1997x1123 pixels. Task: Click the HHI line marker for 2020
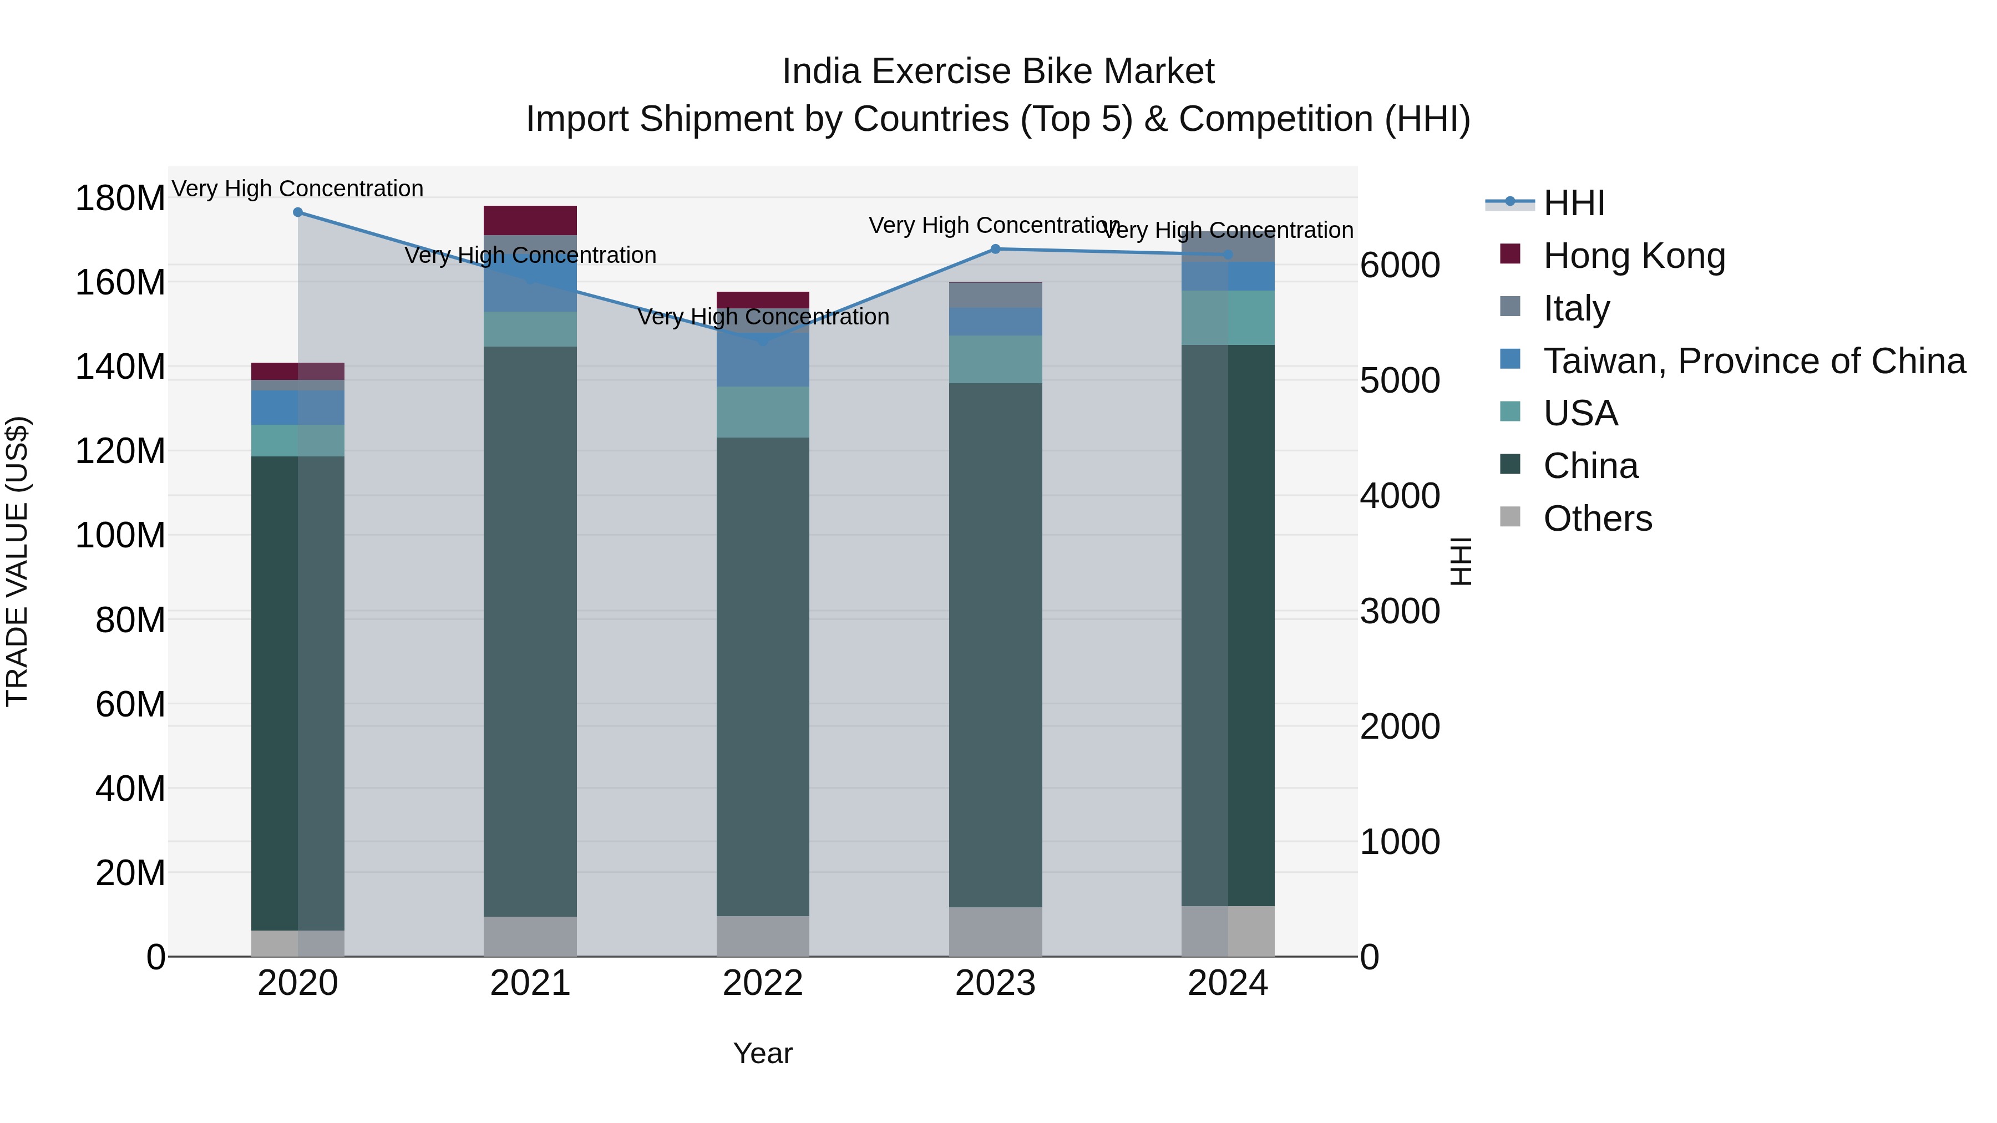(x=298, y=212)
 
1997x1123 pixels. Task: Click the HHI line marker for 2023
(x=995, y=249)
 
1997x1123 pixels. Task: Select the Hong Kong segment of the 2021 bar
(x=530, y=220)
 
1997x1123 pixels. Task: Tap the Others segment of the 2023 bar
(x=995, y=932)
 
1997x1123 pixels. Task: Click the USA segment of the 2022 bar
(x=763, y=412)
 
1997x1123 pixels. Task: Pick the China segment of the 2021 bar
(x=530, y=632)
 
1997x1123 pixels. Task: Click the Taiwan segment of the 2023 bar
(x=995, y=322)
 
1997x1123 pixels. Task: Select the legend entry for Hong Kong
(x=1634, y=256)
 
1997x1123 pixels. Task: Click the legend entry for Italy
(x=1576, y=308)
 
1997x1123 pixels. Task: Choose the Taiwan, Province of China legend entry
(x=1753, y=361)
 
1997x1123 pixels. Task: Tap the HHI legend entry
(x=1573, y=203)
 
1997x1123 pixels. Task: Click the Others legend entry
(x=1597, y=519)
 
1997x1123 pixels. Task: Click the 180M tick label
(x=120, y=199)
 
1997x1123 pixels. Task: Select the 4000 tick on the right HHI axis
(x=1400, y=496)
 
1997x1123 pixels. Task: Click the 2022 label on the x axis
(x=763, y=983)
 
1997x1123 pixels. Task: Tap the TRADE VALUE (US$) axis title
(x=17, y=561)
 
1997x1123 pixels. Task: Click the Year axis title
(x=763, y=1053)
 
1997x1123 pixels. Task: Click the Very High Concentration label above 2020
(x=298, y=189)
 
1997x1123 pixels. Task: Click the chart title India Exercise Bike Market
(x=998, y=72)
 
